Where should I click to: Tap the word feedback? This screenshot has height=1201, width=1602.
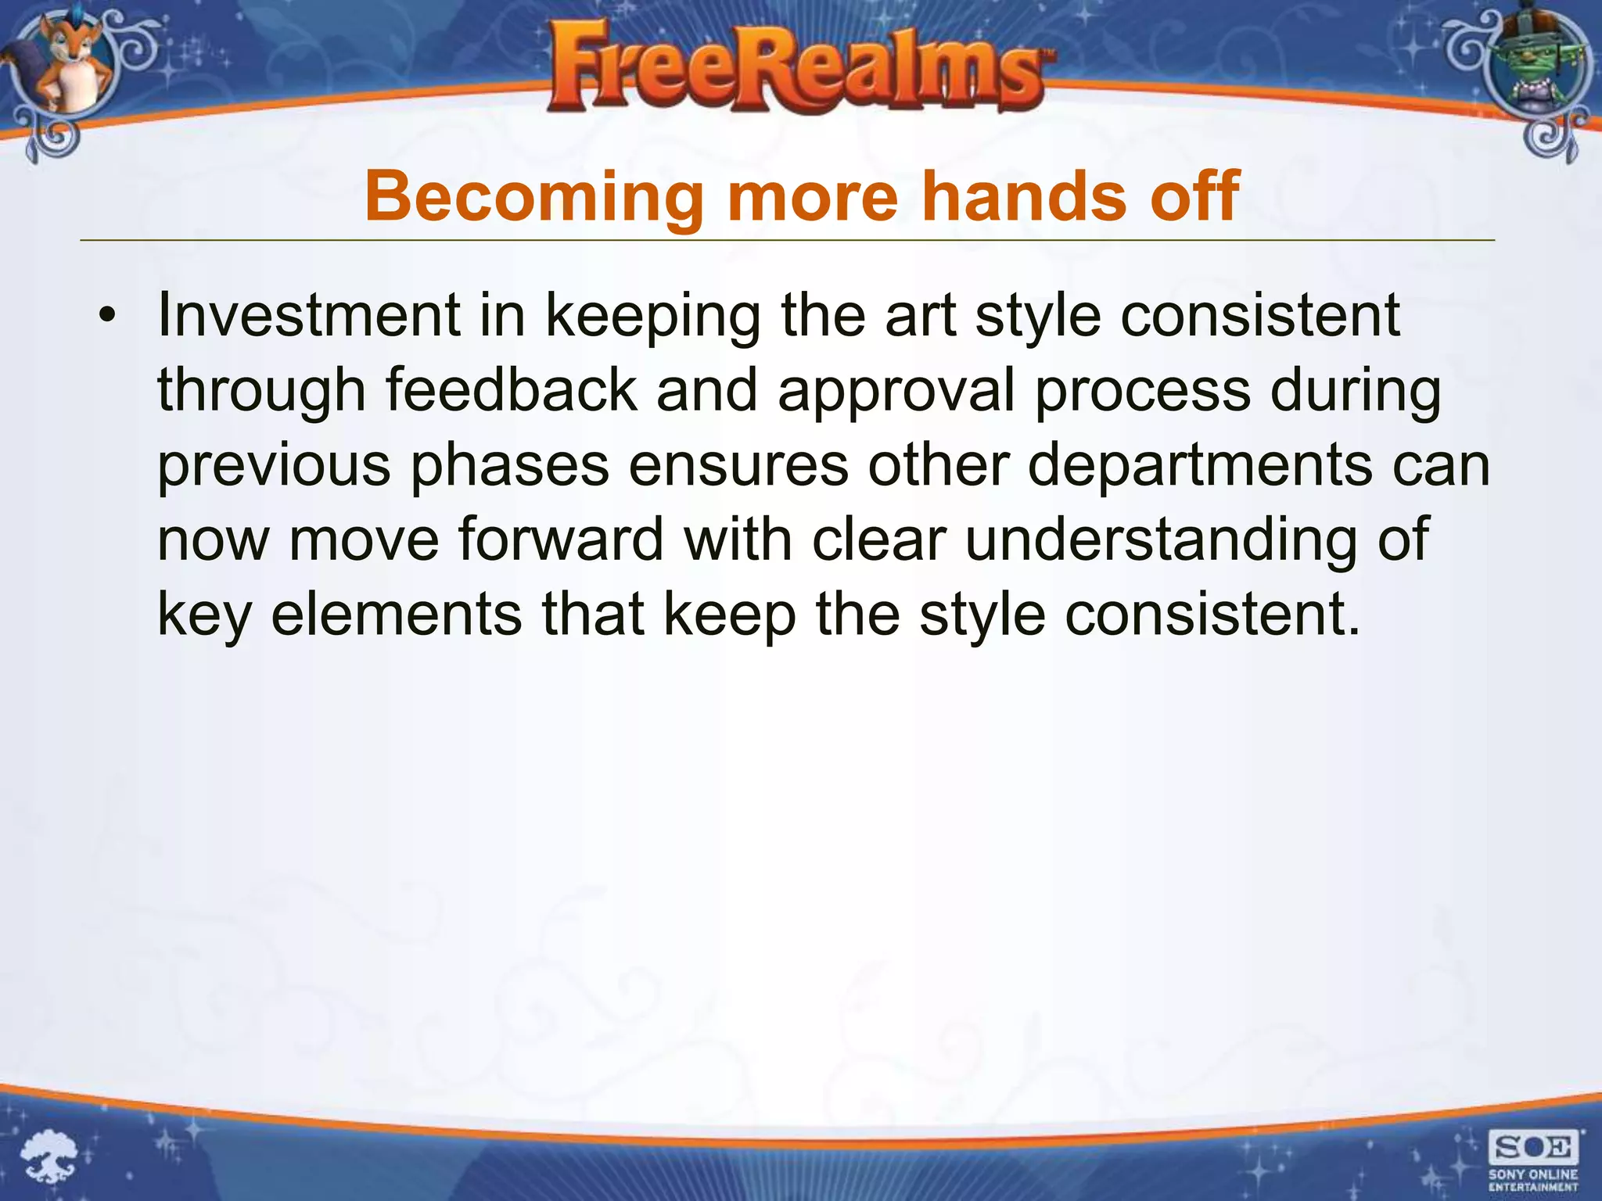[512, 390]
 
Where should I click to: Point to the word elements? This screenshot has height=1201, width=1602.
[397, 615]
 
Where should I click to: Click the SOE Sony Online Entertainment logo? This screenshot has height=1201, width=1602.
[1532, 1160]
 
